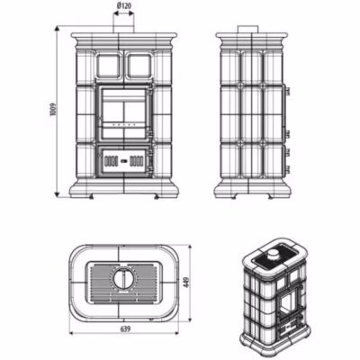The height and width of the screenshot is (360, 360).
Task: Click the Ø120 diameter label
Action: click(x=123, y=5)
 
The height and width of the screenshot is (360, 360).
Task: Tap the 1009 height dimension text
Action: click(x=54, y=110)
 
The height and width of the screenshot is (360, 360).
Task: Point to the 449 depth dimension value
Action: click(x=186, y=283)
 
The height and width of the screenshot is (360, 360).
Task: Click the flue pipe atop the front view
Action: click(x=123, y=25)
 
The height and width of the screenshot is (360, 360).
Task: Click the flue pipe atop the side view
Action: click(x=248, y=29)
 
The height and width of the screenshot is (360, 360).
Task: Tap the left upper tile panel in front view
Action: click(x=108, y=65)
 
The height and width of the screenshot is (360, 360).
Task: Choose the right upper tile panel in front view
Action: click(x=139, y=65)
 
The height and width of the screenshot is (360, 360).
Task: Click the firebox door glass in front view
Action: click(x=124, y=112)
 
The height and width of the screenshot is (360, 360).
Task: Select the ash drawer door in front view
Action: click(x=124, y=161)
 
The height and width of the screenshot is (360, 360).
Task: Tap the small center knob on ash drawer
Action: click(x=124, y=161)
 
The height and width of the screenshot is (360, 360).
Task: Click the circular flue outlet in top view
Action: click(x=123, y=278)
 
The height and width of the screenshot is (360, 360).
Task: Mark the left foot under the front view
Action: click(x=91, y=198)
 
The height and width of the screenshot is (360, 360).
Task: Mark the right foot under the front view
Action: click(x=157, y=198)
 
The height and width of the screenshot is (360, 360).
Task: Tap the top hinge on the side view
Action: click(x=288, y=91)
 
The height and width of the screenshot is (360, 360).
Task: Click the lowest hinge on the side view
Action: click(x=288, y=169)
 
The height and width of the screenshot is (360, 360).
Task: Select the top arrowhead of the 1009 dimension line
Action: click(x=57, y=28)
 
